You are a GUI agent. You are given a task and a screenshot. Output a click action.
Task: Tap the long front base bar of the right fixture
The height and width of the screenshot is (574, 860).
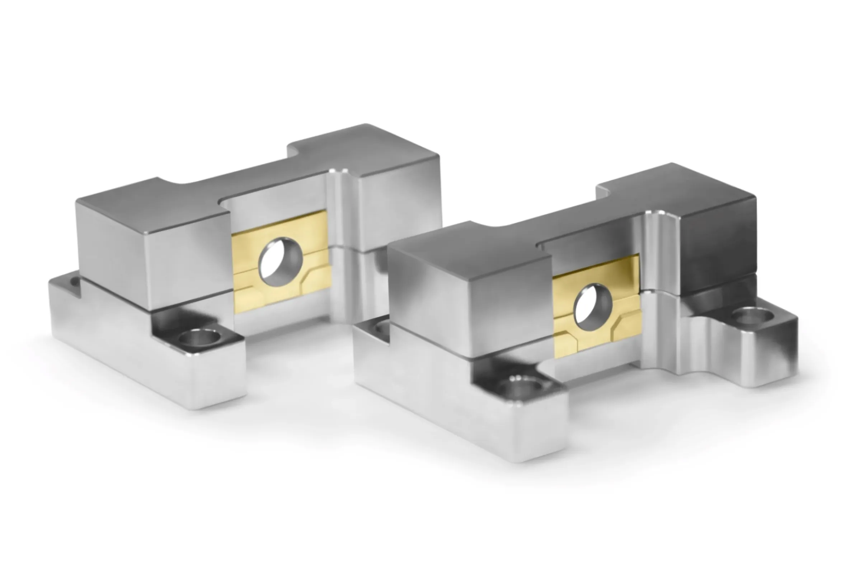click(458, 414)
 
